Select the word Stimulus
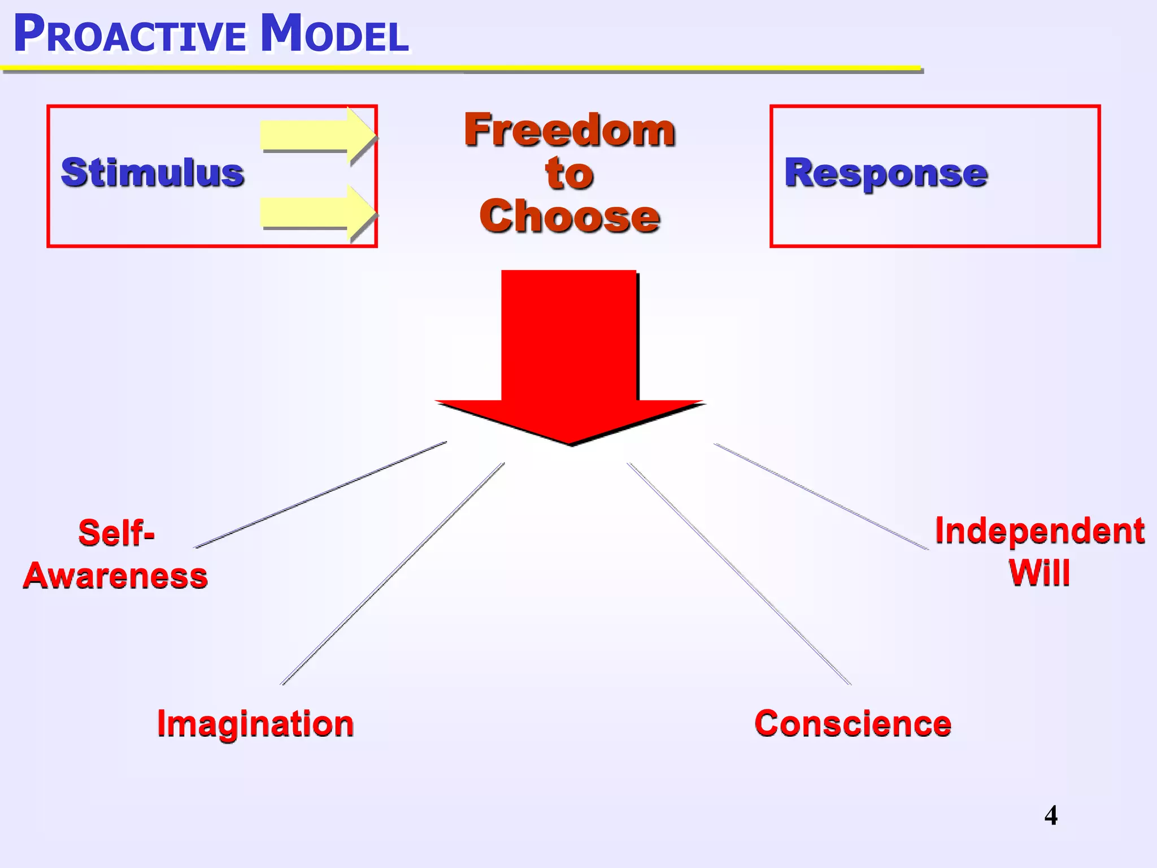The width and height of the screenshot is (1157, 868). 153,172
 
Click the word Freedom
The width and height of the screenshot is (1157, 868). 569,131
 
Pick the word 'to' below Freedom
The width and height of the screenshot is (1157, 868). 569,173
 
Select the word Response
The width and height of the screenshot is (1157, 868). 886,172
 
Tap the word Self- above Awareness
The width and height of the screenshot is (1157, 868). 116,532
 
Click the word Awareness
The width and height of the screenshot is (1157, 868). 115,576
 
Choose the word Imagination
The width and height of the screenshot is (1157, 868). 255,723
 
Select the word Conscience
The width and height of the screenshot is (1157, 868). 853,723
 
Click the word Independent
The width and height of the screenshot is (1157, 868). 1039,531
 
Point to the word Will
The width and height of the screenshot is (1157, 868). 1039,573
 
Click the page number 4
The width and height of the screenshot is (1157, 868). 1051,815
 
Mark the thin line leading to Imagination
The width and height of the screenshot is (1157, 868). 393,574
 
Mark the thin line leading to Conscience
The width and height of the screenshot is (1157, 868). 739,574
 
